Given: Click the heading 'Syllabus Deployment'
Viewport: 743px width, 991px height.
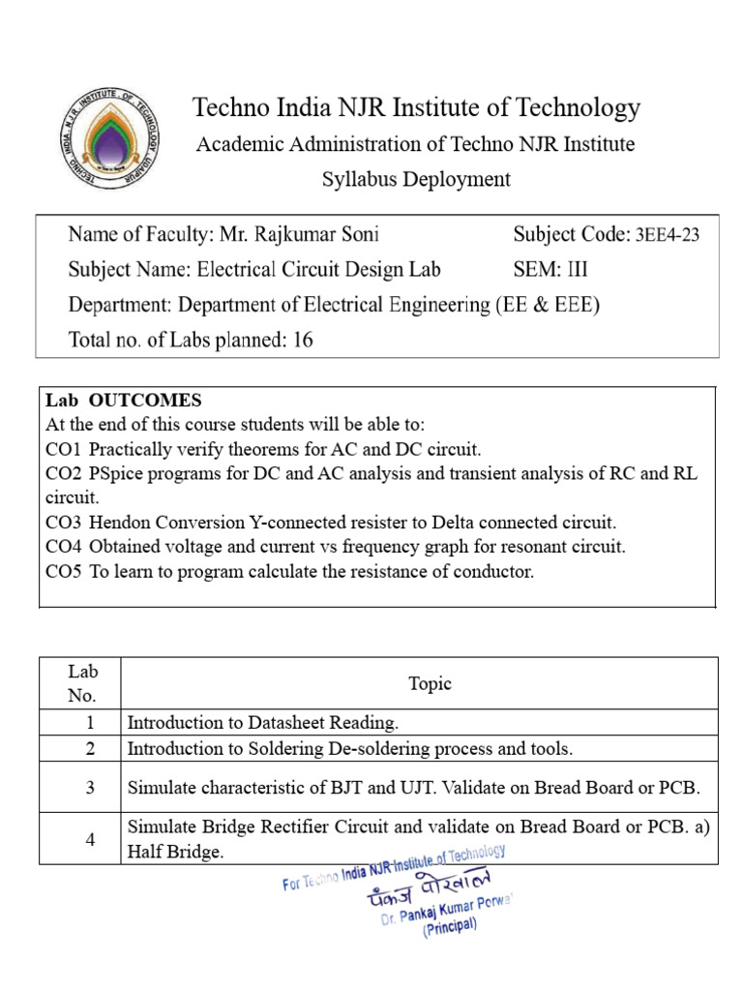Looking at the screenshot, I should (416, 179).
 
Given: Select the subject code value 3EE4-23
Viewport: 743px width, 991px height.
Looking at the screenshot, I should (665, 235).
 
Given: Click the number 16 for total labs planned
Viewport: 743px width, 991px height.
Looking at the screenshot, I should (302, 340).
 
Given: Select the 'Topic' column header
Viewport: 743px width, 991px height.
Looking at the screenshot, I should (430, 683).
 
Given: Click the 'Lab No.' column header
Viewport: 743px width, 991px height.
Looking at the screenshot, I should (82, 683).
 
